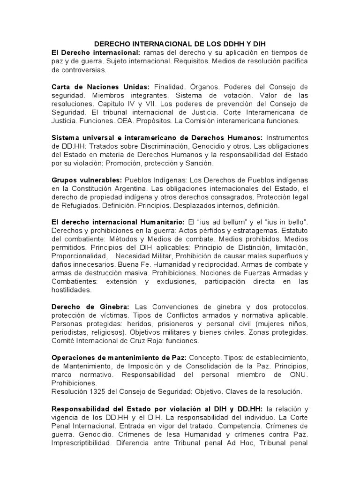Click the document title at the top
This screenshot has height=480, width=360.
pos(180,43)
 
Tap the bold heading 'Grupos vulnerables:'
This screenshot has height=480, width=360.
pos(87,180)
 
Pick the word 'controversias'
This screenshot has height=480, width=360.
pos(79,70)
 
